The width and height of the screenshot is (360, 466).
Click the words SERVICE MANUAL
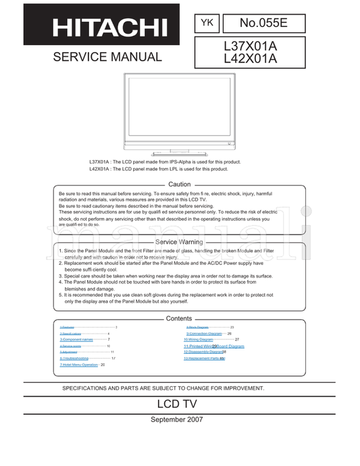[107, 57]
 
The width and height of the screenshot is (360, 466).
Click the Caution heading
[179, 184]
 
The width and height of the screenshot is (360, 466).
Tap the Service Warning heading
[179, 241]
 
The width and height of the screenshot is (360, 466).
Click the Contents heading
[179, 318]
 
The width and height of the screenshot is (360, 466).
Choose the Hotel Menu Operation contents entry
[79, 365]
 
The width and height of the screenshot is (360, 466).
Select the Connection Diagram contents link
[205, 334]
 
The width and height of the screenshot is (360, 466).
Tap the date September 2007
[179, 419]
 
